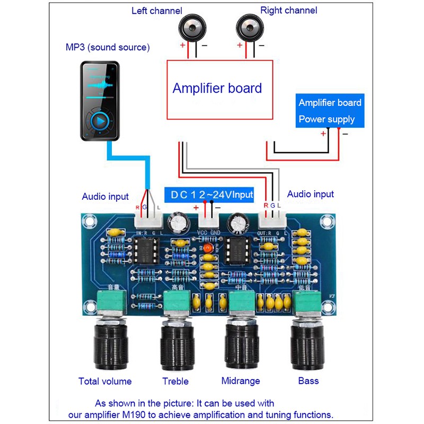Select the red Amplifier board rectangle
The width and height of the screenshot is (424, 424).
(220, 89)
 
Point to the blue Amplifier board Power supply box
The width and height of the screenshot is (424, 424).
(330, 111)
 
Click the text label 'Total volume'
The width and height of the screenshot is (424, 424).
(105, 381)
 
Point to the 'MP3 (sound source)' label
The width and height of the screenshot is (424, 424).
(108, 48)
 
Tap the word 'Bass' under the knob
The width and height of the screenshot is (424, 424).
(308, 381)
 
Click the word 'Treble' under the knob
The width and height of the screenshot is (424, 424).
(175, 381)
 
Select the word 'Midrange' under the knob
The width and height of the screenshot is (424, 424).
(240, 381)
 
